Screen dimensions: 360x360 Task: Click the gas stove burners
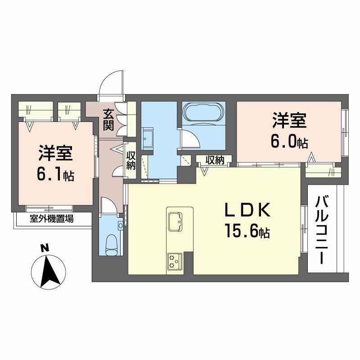tap(174, 261)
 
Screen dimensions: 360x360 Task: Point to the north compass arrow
tap(48, 270)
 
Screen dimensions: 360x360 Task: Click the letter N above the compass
tap(44, 247)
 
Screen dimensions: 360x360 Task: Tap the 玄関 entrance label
tap(108, 119)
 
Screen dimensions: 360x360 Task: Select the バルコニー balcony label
tap(321, 229)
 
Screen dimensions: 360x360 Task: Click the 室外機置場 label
tap(52, 219)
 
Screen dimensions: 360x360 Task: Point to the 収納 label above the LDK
tap(215, 160)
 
